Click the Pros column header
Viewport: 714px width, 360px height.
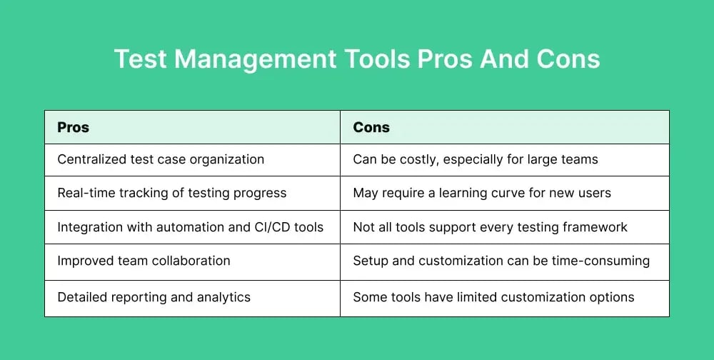click(73, 127)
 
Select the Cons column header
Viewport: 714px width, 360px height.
click(371, 127)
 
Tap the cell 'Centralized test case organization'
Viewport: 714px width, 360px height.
click(161, 159)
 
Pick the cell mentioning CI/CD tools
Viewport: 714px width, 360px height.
click(190, 227)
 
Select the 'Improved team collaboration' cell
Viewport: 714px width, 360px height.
click(144, 261)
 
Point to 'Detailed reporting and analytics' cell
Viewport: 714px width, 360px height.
click(154, 296)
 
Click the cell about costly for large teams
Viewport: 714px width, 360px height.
click(476, 159)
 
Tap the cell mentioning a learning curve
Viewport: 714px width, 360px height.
click(482, 193)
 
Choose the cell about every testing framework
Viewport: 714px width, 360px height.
click(490, 227)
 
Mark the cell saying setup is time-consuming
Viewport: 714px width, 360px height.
click(501, 261)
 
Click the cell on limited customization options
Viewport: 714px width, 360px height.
click(493, 296)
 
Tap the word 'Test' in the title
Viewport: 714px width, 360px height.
click(141, 59)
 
